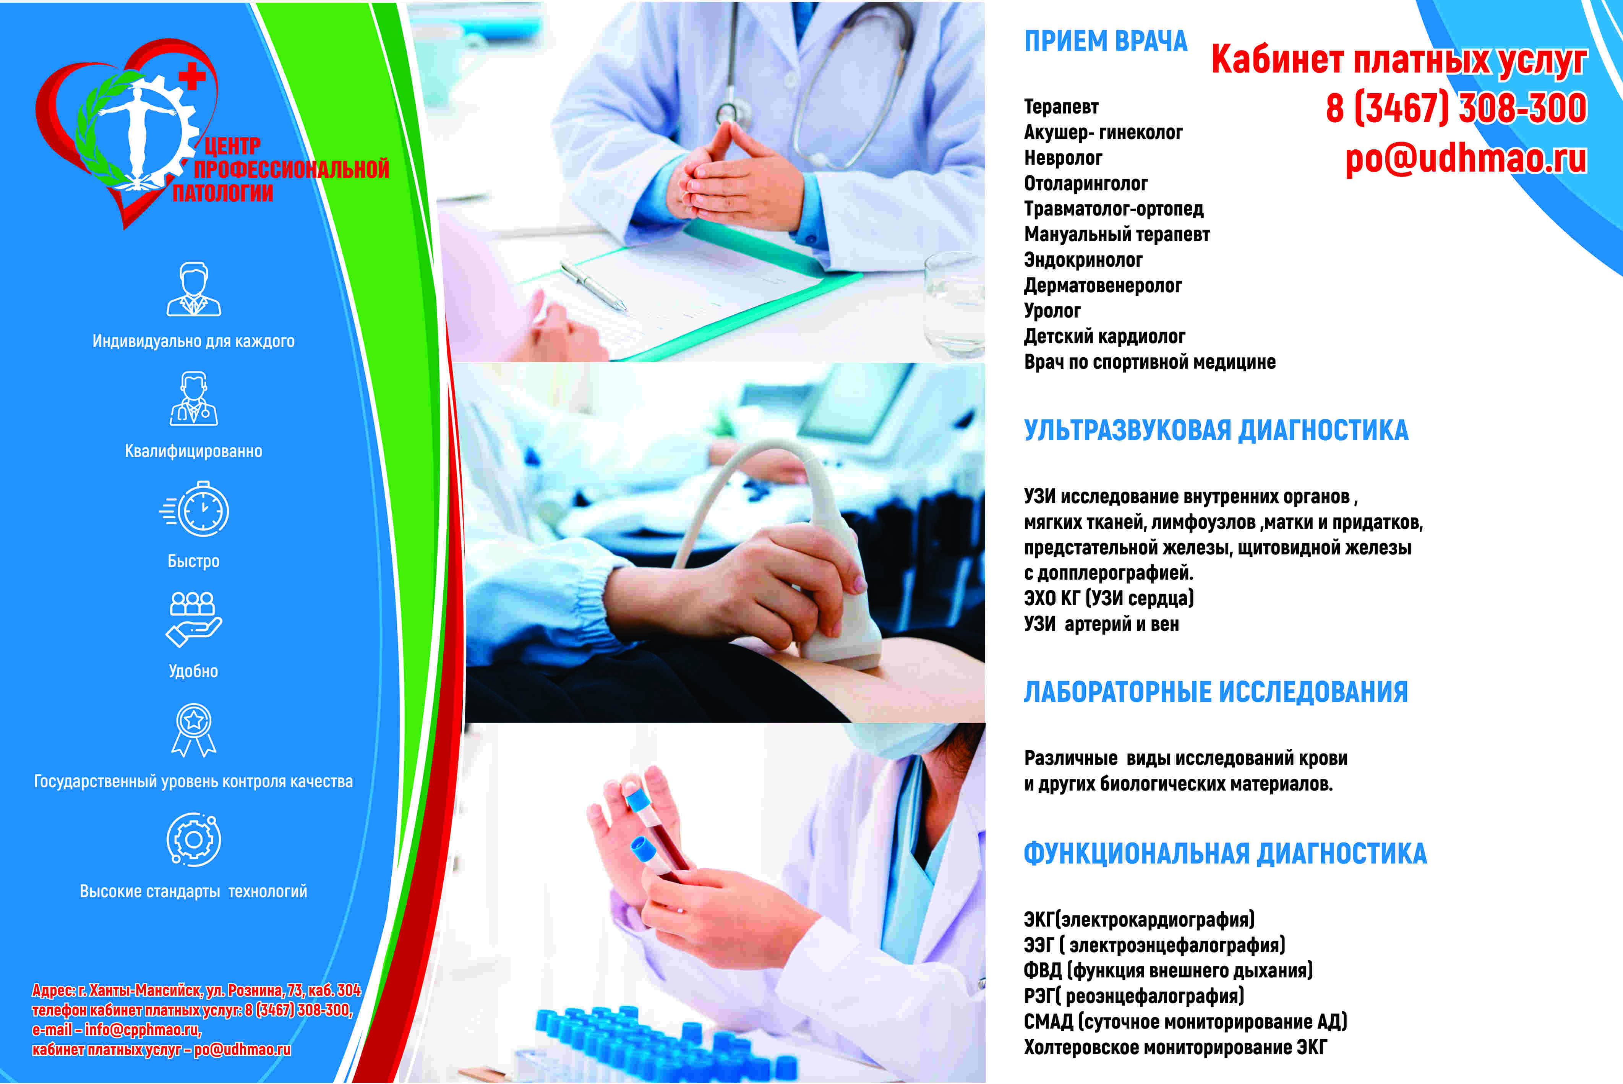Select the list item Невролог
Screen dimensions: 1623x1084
coord(1063,158)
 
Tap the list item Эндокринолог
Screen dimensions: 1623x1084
coord(1083,260)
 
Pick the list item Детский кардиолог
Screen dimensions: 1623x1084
coord(1104,337)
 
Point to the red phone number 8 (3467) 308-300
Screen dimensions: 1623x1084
coord(1456,109)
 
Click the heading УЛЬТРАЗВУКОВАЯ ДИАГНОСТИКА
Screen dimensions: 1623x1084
coord(1216,430)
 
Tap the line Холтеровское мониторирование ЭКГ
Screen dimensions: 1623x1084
coord(1175,1047)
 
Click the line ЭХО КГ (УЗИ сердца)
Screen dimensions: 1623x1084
coord(1109,598)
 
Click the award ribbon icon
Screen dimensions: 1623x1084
coord(193,730)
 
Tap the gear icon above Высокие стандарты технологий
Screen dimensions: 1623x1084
coord(193,839)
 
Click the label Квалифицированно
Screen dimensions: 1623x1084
coord(193,451)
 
